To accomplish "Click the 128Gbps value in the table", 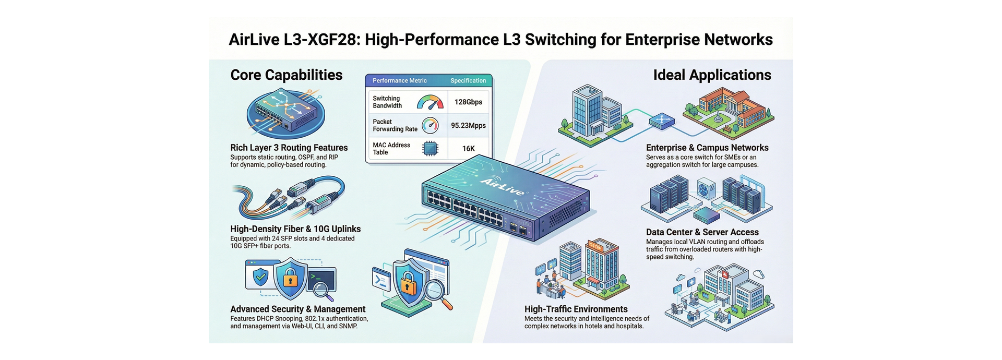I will [468, 102].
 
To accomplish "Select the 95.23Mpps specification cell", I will [468, 126].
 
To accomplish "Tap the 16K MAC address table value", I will [468, 149].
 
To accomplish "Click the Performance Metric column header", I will [399, 81].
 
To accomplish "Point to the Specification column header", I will [468, 81].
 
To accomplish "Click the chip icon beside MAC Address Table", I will [430, 149].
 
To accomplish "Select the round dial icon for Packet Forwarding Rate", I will [431, 125].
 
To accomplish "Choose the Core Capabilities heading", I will [286, 75].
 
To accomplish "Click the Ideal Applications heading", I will [712, 75].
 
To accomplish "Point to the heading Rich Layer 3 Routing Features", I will [289, 148].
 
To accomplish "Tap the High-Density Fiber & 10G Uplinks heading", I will [295, 229].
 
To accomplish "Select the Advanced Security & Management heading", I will [297, 309].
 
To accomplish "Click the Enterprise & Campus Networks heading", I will [707, 148].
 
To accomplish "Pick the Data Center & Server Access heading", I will [702, 232].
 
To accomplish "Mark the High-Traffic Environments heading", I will [576, 309].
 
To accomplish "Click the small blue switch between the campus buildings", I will [662, 121].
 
